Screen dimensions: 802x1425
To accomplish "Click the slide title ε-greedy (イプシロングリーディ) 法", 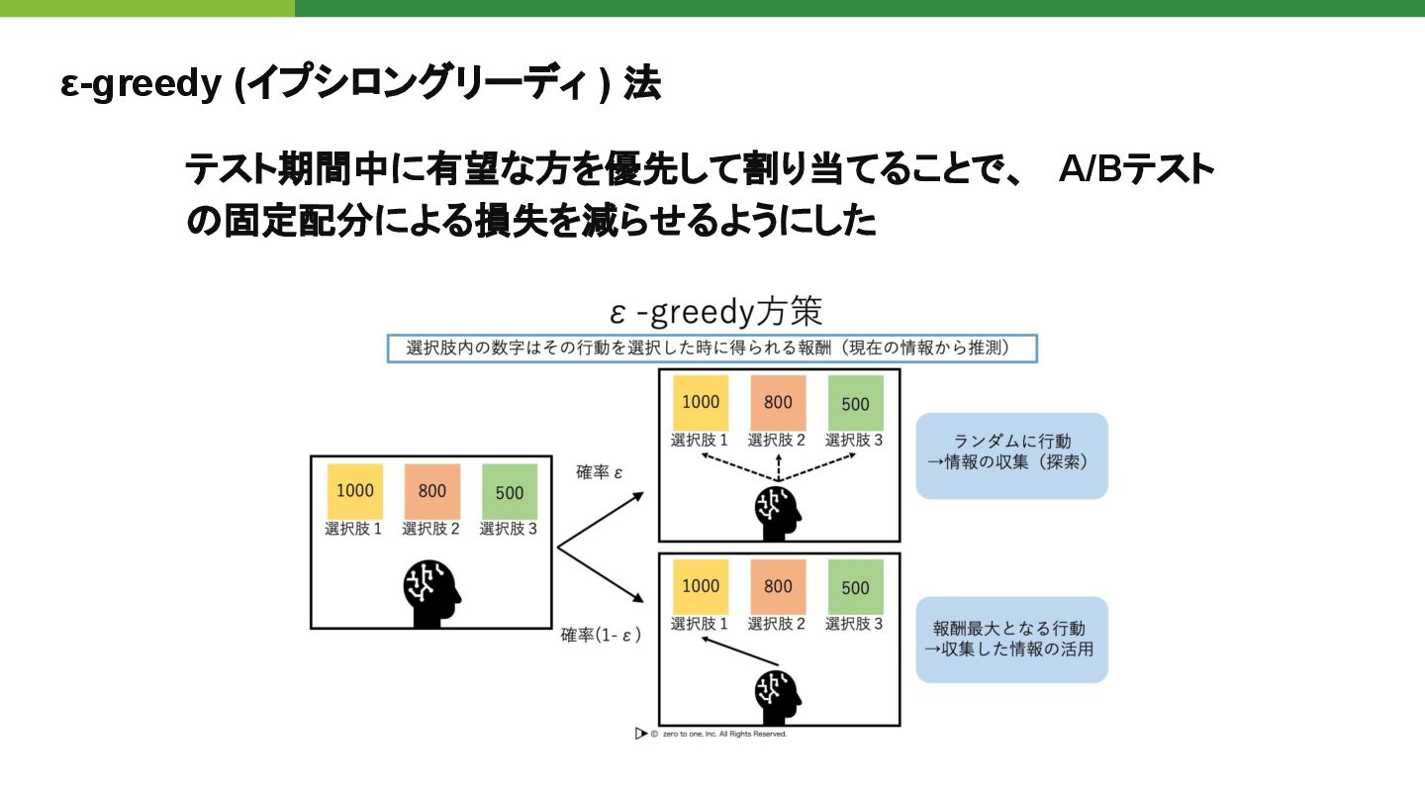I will [x=360, y=85].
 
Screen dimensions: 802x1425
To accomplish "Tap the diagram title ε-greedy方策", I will [x=715, y=313].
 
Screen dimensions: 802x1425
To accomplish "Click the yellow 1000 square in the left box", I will [x=355, y=491].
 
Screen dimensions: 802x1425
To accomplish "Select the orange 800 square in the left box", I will [x=432, y=491].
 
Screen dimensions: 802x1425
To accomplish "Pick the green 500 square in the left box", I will [x=510, y=491].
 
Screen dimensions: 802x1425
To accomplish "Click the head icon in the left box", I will [x=432, y=593].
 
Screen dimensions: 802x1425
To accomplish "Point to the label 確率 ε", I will [x=600, y=472].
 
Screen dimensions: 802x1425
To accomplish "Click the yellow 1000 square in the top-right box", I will [x=701, y=403].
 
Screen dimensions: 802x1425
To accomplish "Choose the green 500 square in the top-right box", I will [x=855, y=403].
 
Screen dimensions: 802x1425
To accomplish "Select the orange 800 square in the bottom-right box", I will [x=778, y=586].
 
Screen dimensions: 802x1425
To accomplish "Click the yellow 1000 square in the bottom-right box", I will [x=701, y=586].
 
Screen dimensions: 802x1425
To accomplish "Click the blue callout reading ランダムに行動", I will [x=1011, y=455].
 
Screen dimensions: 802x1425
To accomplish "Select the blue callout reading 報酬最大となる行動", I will [x=1011, y=640].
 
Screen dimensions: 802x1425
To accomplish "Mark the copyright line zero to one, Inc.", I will [x=712, y=734].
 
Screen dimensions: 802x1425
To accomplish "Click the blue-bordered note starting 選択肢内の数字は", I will [x=711, y=349].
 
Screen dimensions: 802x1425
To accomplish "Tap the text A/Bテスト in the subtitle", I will [x=1135, y=170].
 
